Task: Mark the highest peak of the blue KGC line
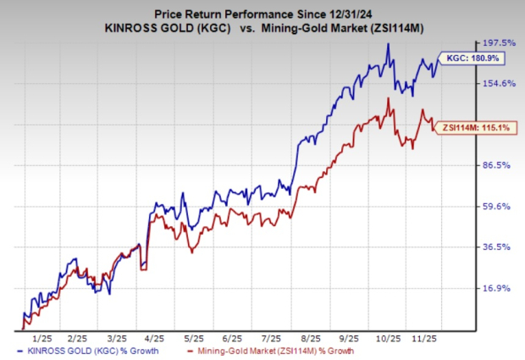click(x=388, y=45)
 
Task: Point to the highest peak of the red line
click(x=387, y=98)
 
